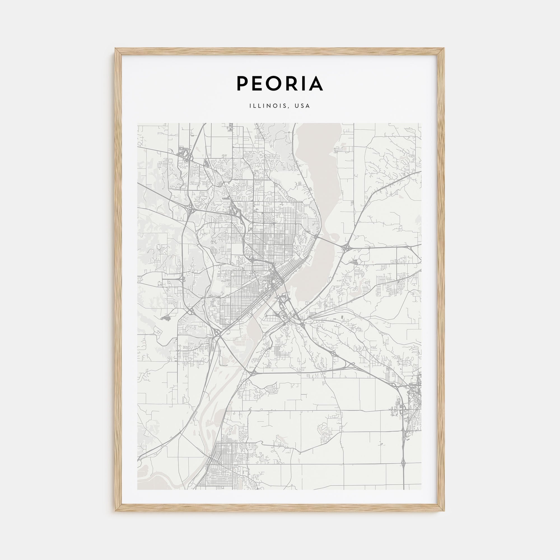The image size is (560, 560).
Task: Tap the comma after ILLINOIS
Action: pyautogui.click(x=289, y=108)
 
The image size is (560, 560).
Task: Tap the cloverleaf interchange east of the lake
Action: pyautogui.click(x=345, y=248)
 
